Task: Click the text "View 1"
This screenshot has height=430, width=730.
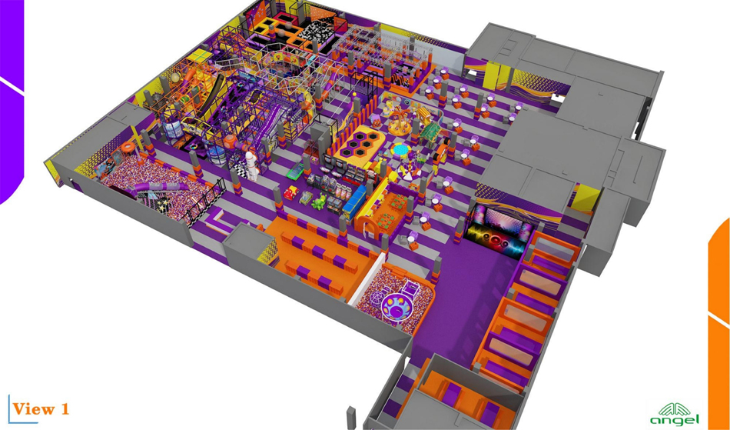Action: (x=41, y=409)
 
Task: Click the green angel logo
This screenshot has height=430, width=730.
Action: (x=675, y=414)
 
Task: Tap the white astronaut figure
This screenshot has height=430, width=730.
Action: (x=251, y=165)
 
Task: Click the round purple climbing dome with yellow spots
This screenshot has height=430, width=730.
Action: (x=397, y=307)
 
